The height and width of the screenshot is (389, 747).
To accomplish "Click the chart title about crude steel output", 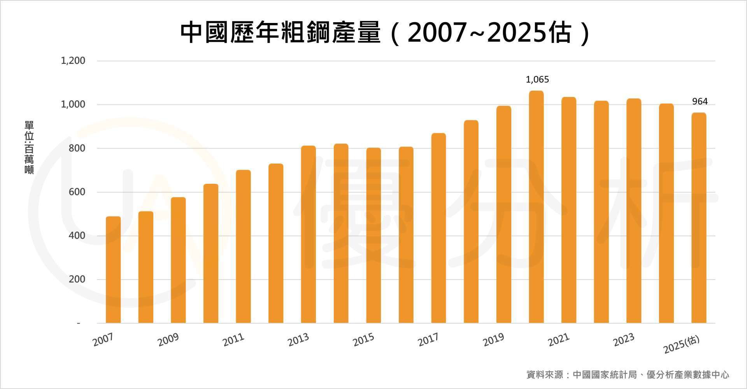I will point(385,33).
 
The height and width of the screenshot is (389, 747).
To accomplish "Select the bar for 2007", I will point(113,269).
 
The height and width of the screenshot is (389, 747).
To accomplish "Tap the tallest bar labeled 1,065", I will point(537,207).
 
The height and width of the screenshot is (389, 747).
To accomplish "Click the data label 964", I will point(700,102).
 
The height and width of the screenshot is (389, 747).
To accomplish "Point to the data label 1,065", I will point(537,80).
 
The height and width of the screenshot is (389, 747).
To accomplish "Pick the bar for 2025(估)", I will point(699,218).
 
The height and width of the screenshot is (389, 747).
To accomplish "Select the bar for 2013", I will point(309,234).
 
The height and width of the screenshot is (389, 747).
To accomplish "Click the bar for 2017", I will point(438,228).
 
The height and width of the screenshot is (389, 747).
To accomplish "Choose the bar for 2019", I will point(504,214).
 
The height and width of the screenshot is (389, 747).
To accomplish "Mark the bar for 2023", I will point(634,211).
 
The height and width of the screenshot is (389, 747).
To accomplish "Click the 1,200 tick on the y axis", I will point(73,61).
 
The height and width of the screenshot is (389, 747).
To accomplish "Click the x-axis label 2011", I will point(233,340).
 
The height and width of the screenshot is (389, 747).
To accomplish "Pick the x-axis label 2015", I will point(363,340).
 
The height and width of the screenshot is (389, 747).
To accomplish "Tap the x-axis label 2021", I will point(558,340).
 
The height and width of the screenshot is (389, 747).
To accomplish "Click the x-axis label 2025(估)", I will point(681,345).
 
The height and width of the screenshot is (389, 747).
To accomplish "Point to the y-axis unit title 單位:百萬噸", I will point(29,148).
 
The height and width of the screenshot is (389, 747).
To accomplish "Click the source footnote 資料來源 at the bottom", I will point(627,375).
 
